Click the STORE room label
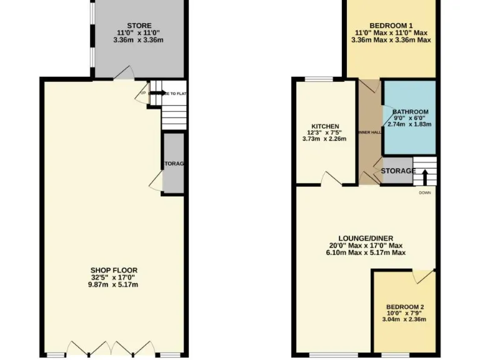(x=138, y=26)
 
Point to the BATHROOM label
(x=410, y=111)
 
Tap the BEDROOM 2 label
(x=405, y=306)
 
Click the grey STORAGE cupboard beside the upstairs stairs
(x=398, y=171)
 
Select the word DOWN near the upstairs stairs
(x=426, y=192)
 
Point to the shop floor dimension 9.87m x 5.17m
(x=113, y=285)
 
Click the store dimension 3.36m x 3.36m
(x=138, y=40)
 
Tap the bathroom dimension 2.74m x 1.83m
(x=410, y=124)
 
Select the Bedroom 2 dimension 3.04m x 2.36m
(x=405, y=319)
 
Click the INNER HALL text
(x=369, y=132)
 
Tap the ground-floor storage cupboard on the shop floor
(x=173, y=164)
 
